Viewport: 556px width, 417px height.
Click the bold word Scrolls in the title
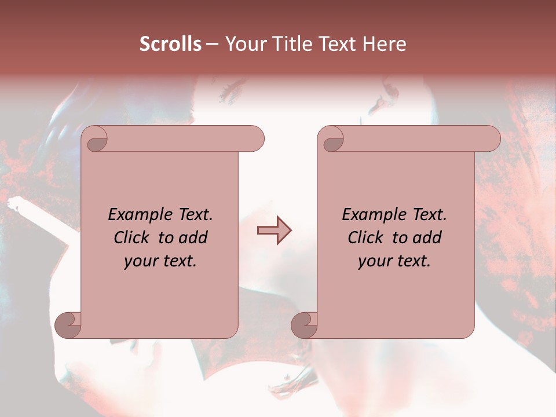coord(170,44)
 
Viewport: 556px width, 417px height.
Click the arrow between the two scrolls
coord(275,231)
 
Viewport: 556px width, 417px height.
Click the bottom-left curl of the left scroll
coord(68,325)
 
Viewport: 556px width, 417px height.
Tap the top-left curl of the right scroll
coord(333,140)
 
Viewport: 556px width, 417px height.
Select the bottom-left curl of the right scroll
coord(304,325)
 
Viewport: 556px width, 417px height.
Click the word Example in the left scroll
coord(137,215)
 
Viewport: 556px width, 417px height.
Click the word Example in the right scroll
coord(371,215)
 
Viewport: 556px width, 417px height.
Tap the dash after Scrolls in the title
coord(212,44)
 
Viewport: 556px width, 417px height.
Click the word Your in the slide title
coord(243,44)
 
